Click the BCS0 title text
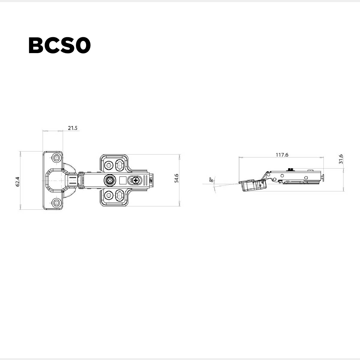[x=60, y=45]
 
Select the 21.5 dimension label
[x=73, y=128]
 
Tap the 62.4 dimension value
[x=18, y=181]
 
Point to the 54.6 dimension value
[x=176, y=178]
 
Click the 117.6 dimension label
[x=282, y=155]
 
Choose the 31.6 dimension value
[x=341, y=159]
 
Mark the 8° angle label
[x=211, y=180]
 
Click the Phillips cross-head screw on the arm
[x=136, y=181]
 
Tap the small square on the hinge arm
[x=122, y=181]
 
